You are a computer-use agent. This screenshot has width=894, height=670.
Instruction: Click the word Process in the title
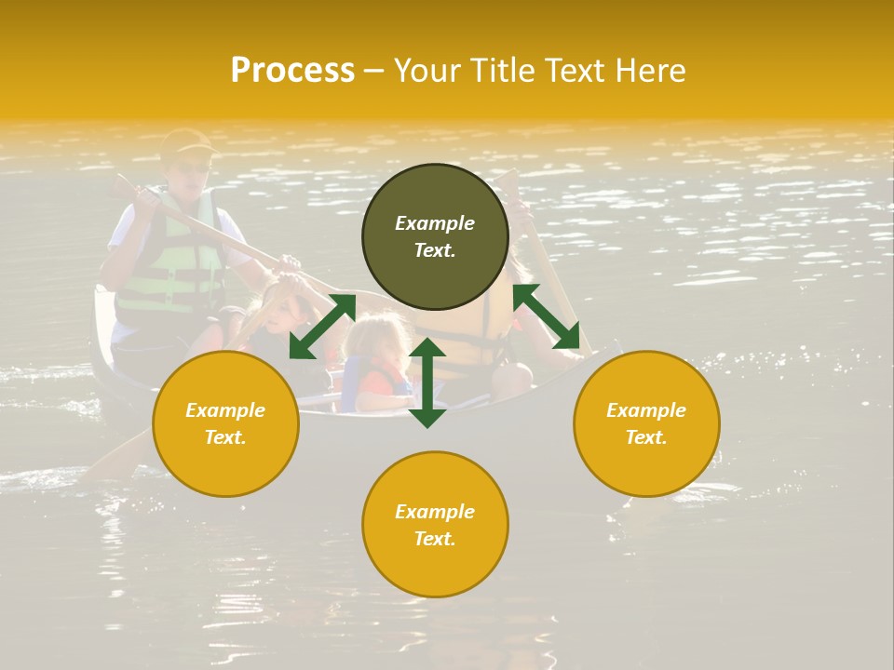pyautogui.click(x=292, y=71)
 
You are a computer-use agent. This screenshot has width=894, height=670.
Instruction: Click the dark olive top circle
pyautogui.click(x=435, y=236)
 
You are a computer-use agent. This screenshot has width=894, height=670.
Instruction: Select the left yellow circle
pyautogui.click(x=225, y=423)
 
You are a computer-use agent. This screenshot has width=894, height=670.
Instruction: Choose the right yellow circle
pyautogui.click(x=646, y=423)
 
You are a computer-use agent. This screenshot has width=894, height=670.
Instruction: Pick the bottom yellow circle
pyautogui.click(x=435, y=524)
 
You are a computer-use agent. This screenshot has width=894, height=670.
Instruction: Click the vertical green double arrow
pyautogui.click(x=427, y=382)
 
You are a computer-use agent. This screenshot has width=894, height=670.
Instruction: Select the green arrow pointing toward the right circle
pyautogui.click(x=546, y=316)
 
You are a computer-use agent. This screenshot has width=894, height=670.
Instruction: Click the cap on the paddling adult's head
pyautogui.click(x=186, y=141)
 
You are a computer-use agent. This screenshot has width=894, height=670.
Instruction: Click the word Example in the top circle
pyautogui.click(x=435, y=223)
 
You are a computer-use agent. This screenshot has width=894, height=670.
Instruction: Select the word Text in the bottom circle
pyautogui.click(x=435, y=539)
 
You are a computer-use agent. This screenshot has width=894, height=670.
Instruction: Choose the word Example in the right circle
pyautogui.click(x=646, y=410)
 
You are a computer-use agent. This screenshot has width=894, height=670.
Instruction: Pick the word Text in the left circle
pyautogui.click(x=225, y=437)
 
